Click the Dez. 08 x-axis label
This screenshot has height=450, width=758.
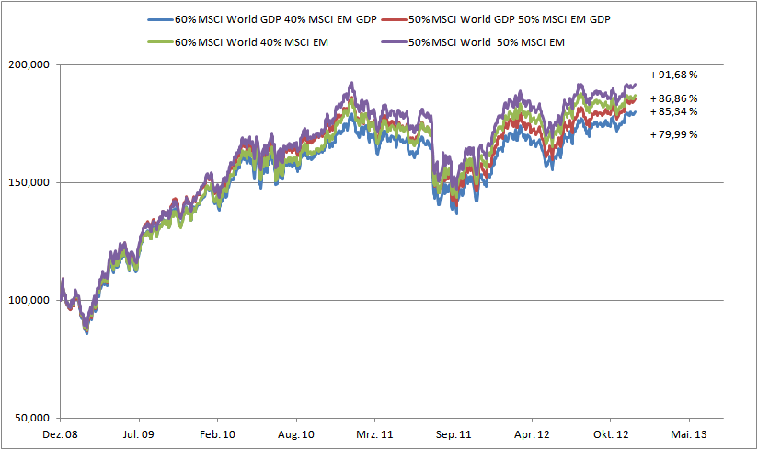(x=60, y=433)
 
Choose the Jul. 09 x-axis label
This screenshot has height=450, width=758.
(x=139, y=433)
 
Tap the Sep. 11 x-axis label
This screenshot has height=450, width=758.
(x=454, y=433)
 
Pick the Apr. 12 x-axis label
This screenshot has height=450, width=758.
(x=533, y=433)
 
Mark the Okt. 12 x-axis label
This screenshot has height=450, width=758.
(x=611, y=433)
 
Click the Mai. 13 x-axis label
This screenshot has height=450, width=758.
(x=690, y=433)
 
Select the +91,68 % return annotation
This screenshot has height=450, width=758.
(x=673, y=74)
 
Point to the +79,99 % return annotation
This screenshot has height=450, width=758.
(x=673, y=134)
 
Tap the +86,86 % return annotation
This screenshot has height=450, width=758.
(x=673, y=98)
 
